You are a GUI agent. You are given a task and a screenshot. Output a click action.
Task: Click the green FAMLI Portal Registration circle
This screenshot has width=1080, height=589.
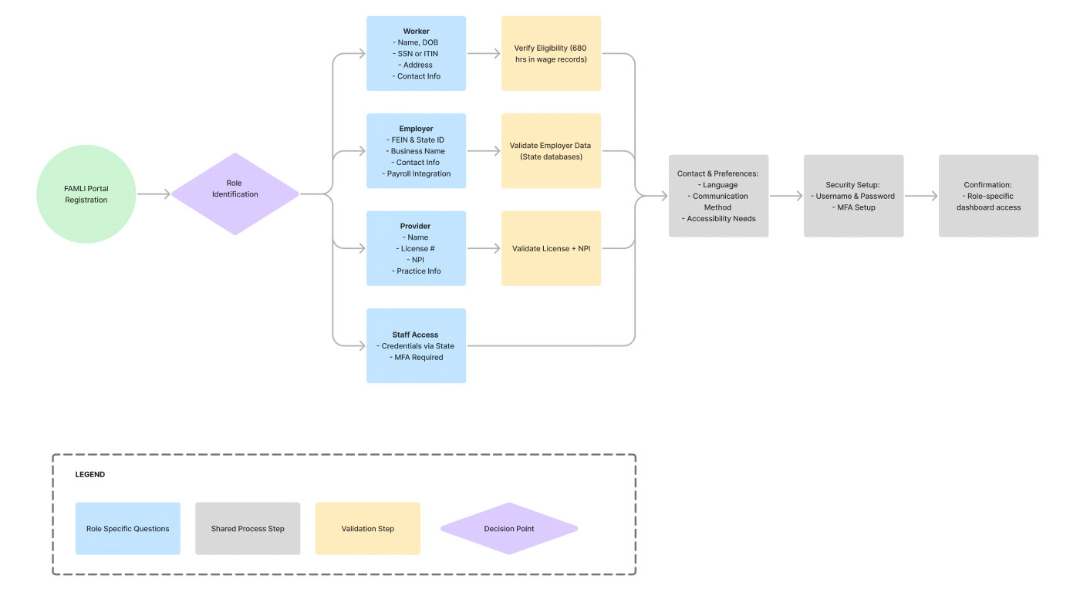[86, 194]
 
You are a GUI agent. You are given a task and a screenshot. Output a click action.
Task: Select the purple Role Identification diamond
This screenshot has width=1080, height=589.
[235, 194]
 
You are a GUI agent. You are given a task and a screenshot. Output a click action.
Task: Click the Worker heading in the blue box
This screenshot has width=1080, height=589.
[416, 32]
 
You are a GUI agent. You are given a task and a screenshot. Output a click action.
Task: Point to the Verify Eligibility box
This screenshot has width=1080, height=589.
[551, 53]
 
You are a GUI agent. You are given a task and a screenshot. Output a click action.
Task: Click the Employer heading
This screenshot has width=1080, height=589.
[416, 129]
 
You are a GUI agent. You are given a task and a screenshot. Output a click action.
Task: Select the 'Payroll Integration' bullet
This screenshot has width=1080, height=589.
[417, 173]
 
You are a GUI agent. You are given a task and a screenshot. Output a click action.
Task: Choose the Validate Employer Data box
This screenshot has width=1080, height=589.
[551, 151]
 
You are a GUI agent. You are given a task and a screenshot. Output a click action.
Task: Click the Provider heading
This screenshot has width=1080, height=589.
[415, 226]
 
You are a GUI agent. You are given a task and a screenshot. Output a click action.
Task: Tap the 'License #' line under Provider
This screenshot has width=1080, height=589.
[416, 248]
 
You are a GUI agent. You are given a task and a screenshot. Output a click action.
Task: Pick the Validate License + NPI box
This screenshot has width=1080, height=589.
[551, 248]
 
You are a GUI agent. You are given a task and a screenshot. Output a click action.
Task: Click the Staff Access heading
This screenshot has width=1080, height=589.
[415, 335]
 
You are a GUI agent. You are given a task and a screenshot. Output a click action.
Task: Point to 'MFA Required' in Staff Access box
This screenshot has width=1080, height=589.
[416, 357]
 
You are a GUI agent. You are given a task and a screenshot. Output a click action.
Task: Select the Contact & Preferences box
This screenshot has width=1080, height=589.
[718, 196]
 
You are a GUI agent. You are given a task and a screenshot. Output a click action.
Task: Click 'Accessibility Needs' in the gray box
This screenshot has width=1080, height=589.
[719, 218]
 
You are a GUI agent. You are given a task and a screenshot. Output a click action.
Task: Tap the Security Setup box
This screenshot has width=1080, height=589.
[853, 196]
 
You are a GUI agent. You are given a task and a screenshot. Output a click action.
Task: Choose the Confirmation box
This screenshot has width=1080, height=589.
[988, 196]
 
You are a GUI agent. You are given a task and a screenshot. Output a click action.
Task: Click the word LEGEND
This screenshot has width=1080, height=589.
[90, 474]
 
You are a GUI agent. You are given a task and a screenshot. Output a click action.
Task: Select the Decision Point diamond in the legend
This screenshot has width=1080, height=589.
[509, 528]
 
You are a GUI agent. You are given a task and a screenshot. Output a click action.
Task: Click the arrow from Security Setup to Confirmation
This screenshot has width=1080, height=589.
[921, 196]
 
